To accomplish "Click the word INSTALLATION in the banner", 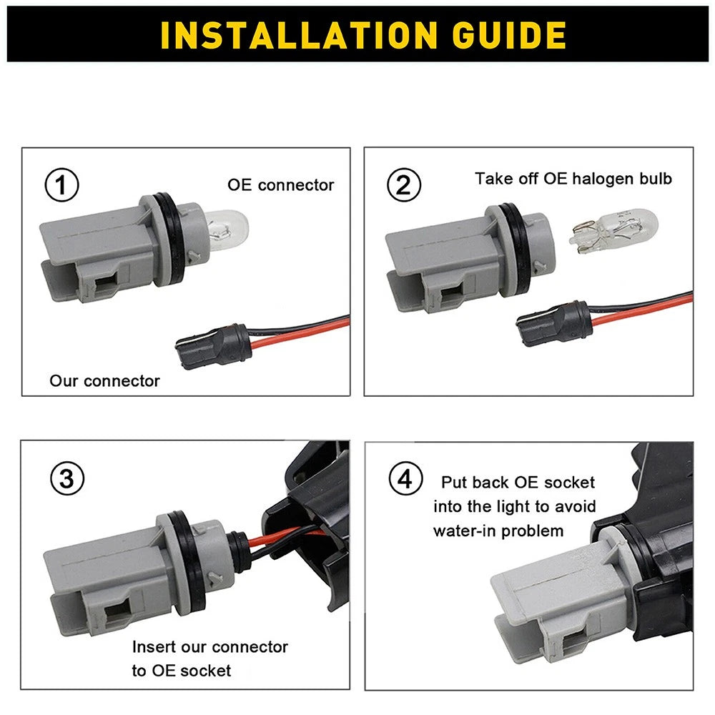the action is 299,35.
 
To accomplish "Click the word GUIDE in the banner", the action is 509,35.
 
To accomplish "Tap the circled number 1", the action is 61,184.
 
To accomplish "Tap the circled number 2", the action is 403,184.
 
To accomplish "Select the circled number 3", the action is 67,479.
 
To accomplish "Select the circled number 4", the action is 405,479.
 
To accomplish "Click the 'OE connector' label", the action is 280,185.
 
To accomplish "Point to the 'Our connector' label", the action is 105,381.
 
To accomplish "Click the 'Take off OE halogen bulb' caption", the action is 573,179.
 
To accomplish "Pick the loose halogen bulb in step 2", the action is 613,230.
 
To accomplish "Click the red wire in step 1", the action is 301,332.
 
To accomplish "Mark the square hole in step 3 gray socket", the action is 119,610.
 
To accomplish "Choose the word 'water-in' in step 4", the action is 464,531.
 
